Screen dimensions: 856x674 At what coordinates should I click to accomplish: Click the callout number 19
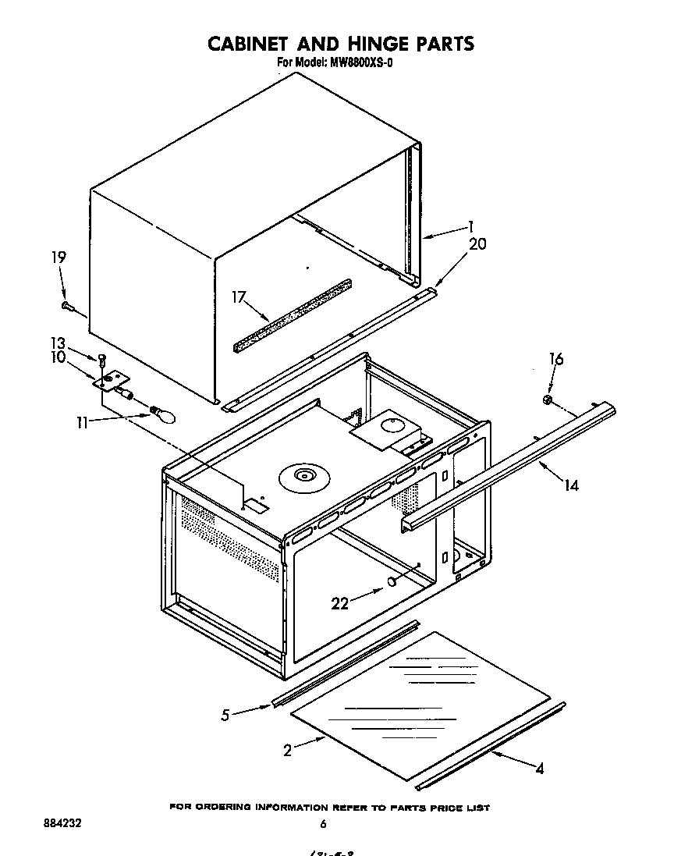coord(59,258)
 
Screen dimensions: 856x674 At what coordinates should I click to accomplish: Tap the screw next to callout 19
coord(69,307)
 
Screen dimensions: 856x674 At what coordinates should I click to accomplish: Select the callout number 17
coord(239,297)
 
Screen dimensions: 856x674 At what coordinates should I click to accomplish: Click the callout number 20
coord(477,243)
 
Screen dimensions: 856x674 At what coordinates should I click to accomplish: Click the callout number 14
coord(571,485)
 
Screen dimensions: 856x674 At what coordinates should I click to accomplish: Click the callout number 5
coord(225,714)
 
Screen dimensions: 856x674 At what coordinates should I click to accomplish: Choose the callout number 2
coord(288,751)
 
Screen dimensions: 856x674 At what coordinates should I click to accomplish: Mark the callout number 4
coord(539,769)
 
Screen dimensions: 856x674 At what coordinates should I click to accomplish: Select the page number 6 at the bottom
coord(322,824)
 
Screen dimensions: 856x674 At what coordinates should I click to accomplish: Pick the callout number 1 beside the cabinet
coord(470,227)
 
